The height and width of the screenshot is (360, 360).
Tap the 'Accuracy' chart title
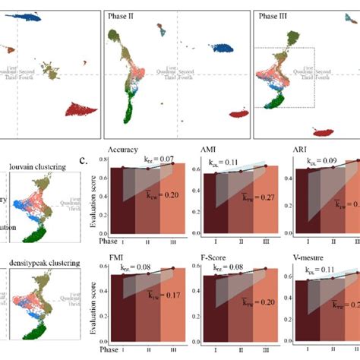pos(127,150)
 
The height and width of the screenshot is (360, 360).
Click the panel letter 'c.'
pos(90,160)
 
